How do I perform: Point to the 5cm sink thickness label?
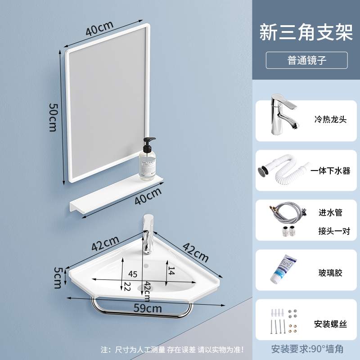pyautogui.click(x=57, y=278)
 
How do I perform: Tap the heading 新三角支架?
pyautogui.click(x=306, y=33)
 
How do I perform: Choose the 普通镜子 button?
pyautogui.click(x=306, y=60)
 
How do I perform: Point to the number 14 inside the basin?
pyautogui.click(x=171, y=270)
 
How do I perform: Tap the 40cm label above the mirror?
pyautogui.click(x=99, y=29)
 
